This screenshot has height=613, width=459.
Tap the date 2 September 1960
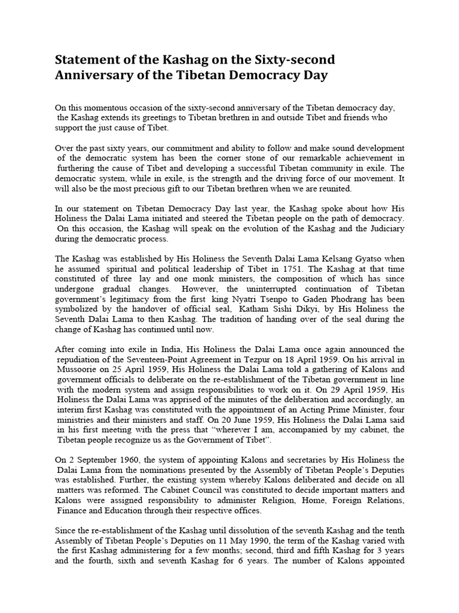(x=101, y=460)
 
